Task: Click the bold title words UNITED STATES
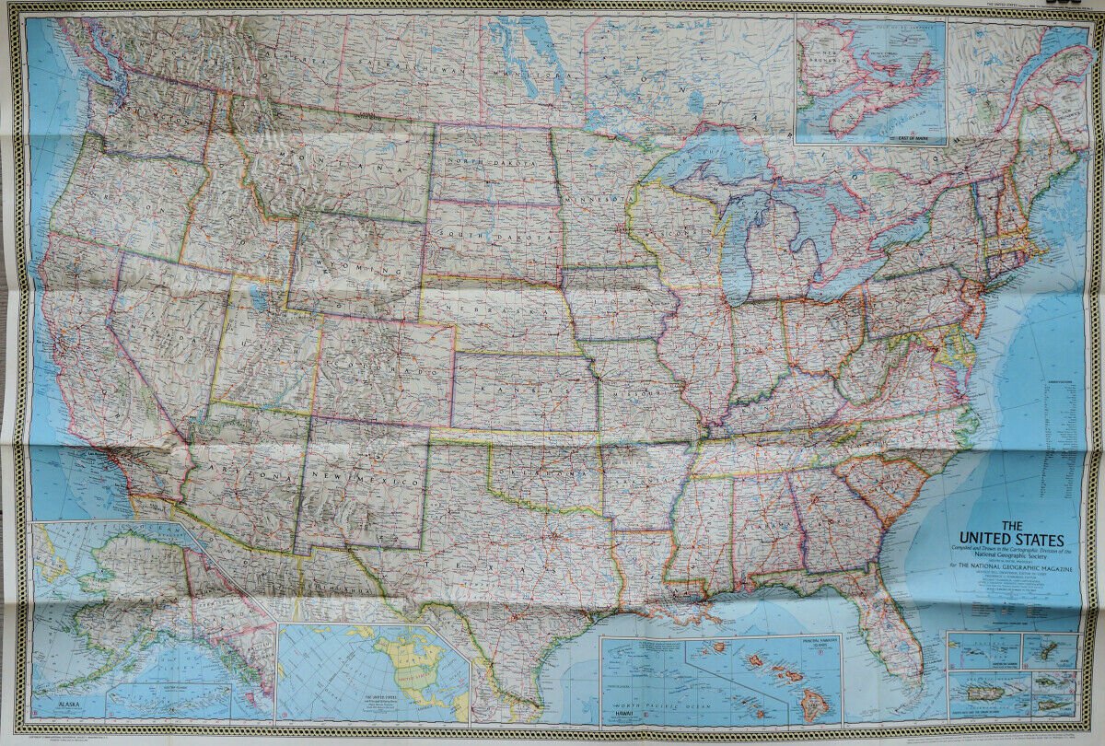1011,539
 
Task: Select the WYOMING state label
355,262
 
